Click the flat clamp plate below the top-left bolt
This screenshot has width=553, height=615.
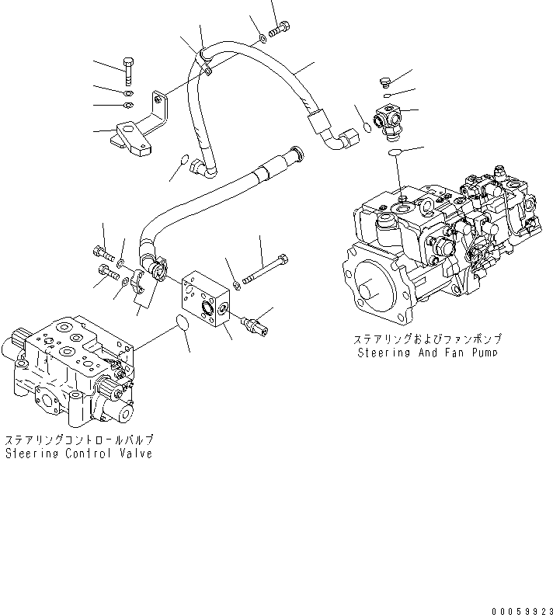pos(132,141)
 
